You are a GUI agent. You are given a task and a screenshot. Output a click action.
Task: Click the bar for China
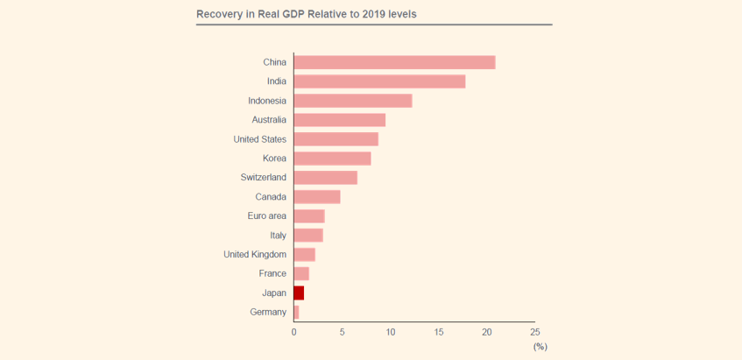click(x=394, y=62)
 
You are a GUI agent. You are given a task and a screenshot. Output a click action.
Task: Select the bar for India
click(x=379, y=81)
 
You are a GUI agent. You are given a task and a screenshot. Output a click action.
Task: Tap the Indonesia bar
click(x=353, y=101)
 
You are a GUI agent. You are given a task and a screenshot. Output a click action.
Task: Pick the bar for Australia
click(x=340, y=120)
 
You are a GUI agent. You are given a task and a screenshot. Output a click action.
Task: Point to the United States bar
click(x=336, y=139)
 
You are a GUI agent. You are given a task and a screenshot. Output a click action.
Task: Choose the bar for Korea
click(x=332, y=159)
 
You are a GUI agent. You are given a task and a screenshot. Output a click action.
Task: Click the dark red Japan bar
click(x=299, y=293)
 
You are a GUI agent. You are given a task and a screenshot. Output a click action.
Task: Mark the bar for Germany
click(x=296, y=312)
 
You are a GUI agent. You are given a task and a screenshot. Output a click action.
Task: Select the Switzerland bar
click(x=326, y=178)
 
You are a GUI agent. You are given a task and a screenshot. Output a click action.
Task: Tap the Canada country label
click(x=271, y=197)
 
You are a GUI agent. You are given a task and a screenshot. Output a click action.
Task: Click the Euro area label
click(x=267, y=216)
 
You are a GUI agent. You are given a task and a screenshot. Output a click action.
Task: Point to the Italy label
click(x=278, y=236)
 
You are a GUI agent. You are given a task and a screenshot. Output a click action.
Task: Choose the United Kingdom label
click(x=255, y=255)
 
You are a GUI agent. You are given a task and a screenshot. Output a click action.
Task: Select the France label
click(x=272, y=274)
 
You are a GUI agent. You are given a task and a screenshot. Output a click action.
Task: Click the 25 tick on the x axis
click(x=534, y=333)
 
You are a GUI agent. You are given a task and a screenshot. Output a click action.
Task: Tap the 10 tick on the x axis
click(x=391, y=333)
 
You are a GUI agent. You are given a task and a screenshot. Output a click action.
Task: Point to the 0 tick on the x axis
click(x=294, y=333)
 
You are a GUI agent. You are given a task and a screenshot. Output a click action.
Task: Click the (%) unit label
click(x=540, y=347)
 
